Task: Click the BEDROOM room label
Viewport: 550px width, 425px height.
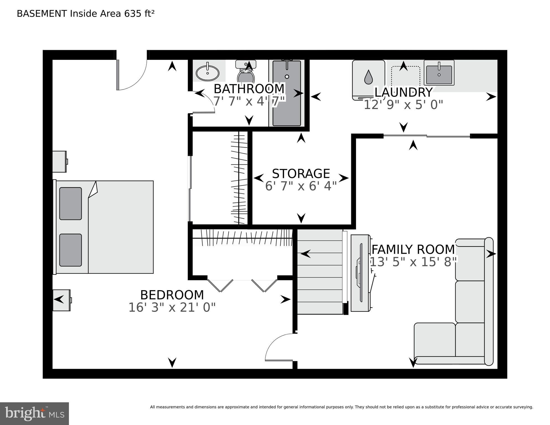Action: [172, 295]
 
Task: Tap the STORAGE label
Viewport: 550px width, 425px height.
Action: [301, 174]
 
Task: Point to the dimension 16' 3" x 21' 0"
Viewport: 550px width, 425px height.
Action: [172, 308]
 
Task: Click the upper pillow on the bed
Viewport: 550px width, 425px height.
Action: [71, 204]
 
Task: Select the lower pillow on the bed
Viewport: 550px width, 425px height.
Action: [71, 250]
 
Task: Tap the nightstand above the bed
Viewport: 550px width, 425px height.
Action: [60, 161]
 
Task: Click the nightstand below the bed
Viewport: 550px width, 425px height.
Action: [61, 300]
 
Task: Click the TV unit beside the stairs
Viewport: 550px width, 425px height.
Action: [360, 273]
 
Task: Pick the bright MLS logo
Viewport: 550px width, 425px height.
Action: [34, 414]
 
